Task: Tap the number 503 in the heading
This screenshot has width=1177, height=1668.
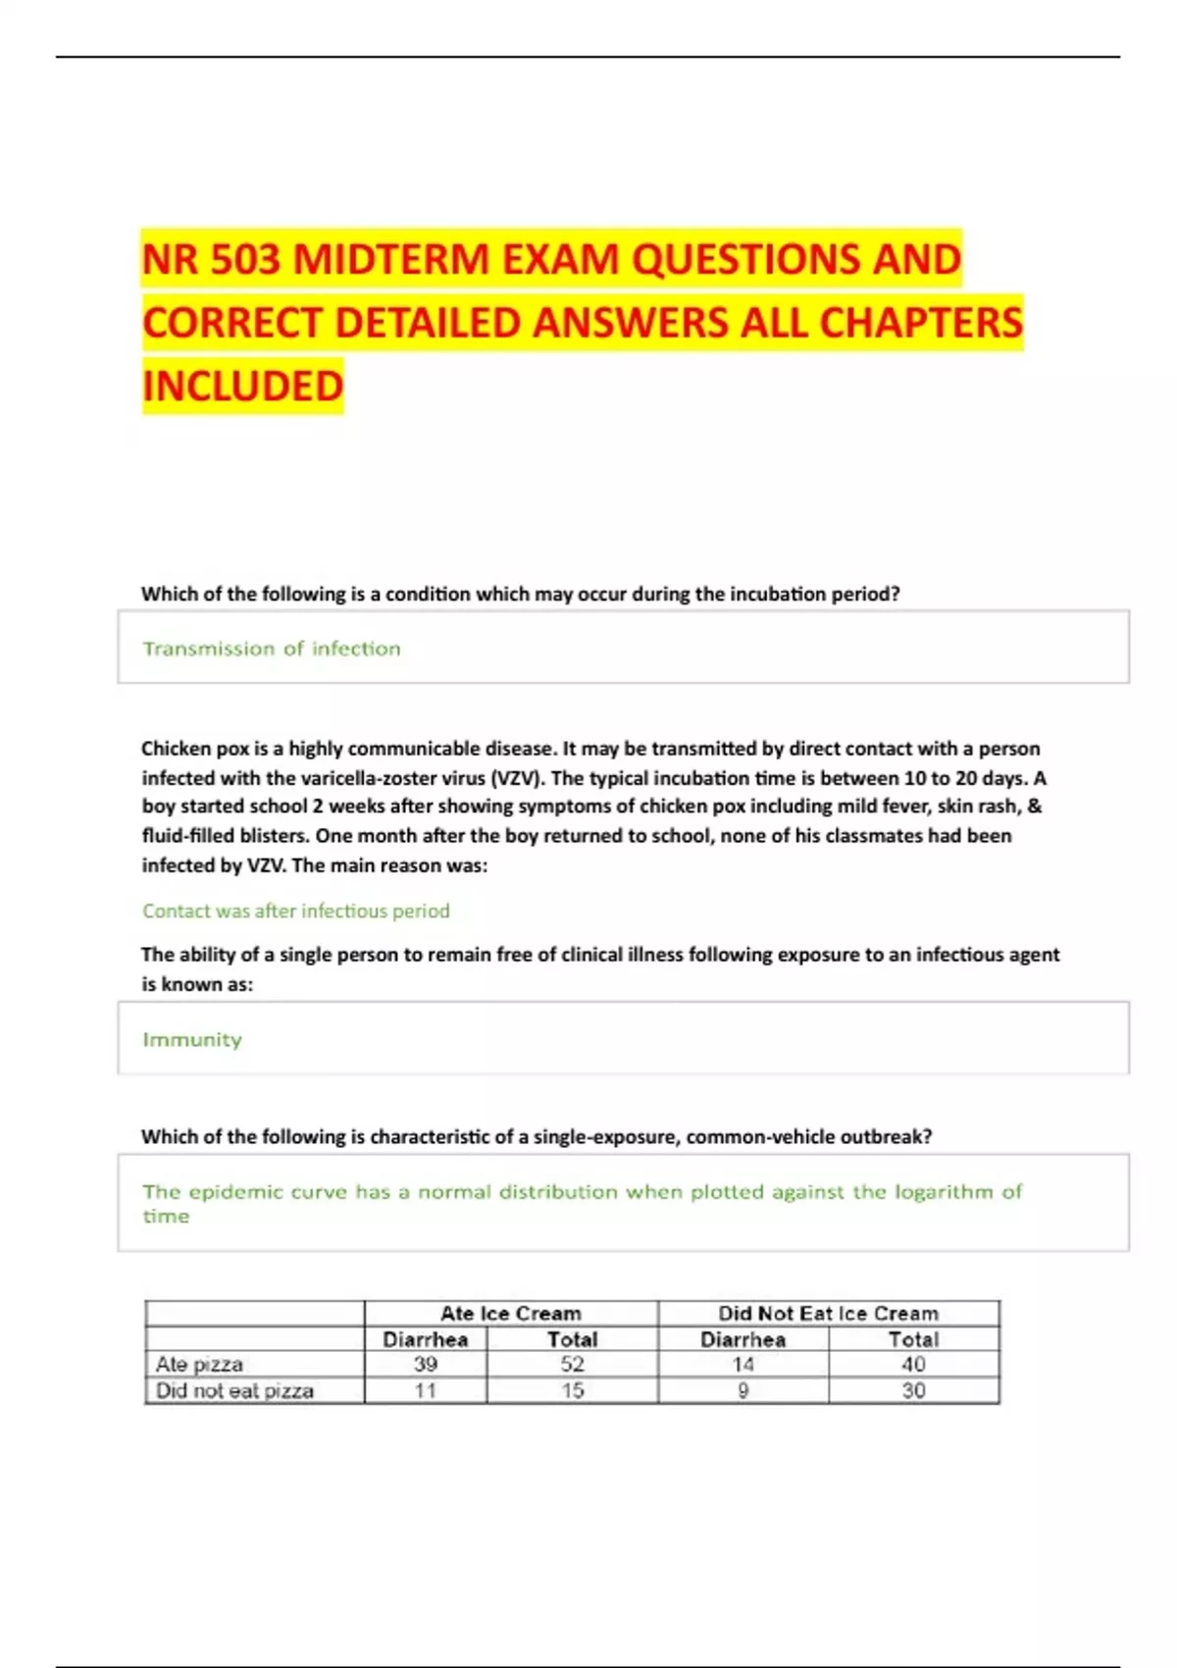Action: [x=244, y=260]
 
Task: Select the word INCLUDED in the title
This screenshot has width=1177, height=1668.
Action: [x=242, y=386]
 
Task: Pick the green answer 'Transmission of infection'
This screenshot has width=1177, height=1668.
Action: [x=272, y=649]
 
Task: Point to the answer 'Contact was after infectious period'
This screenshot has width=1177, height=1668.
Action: [x=295, y=911]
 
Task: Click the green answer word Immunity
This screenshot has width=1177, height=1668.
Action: [x=192, y=1039]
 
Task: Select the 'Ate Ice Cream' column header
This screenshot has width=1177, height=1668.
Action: [x=510, y=1313]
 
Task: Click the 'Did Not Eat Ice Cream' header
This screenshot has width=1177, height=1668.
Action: [x=828, y=1313]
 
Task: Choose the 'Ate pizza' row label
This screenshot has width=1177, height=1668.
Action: [x=199, y=1364]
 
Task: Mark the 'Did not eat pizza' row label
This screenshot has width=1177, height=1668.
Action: [x=234, y=1390]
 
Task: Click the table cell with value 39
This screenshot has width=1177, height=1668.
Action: [x=425, y=1364]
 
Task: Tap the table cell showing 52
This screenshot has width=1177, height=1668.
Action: [x=572, y=1364]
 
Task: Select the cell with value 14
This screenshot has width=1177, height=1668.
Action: [x=742, y=1364]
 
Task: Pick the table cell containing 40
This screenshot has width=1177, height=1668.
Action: [x=913, y=1364]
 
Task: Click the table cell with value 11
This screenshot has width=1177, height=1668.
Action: [x=425, y=1390]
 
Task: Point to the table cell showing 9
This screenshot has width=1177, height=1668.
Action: [x=742, y=1390]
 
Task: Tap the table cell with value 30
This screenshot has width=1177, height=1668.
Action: [x=913, y=1390]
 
